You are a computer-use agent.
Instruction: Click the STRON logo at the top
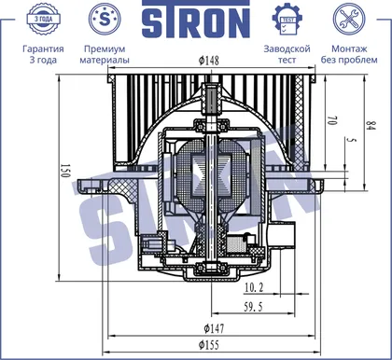tap(196, 20)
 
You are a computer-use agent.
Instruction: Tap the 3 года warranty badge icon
tap(43, 19)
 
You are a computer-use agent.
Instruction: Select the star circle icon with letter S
tap(105, 19)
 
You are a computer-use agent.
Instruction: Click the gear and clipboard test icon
tap(287, 20)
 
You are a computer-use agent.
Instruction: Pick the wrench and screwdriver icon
tap(349, 19)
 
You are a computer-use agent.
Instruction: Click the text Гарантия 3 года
tap(43, 54)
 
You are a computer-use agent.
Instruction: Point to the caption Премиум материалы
tap(105, 54)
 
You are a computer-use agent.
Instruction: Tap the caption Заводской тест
tap(287, 54)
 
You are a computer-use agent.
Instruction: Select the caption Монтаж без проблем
tap(349, 54)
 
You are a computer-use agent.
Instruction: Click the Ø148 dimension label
tap(209, 61)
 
